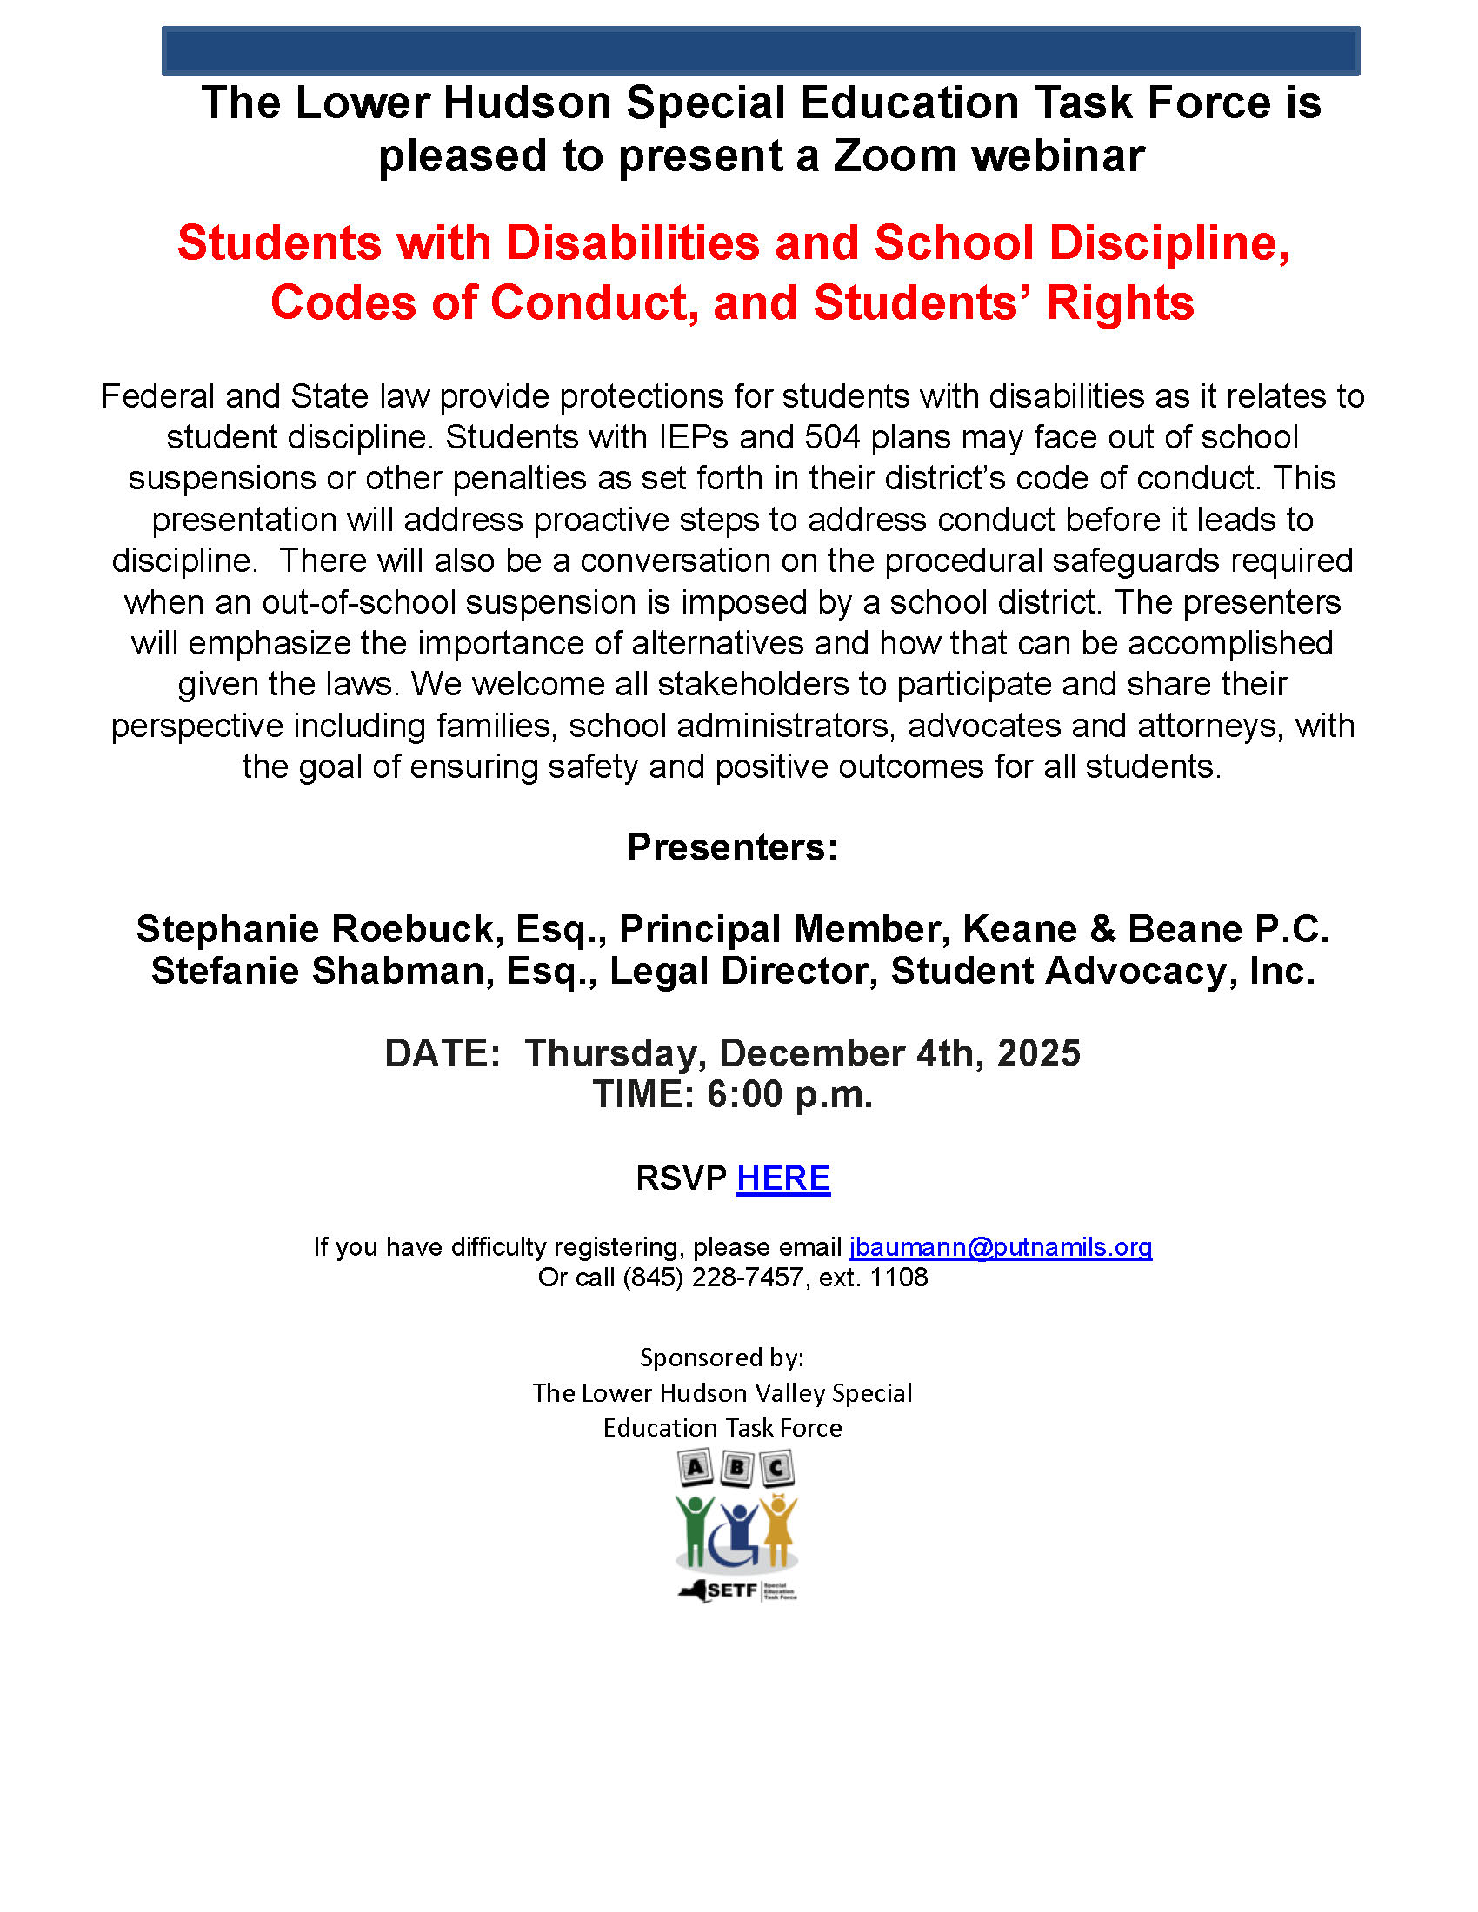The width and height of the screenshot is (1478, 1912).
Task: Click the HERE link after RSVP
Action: [782, 1178]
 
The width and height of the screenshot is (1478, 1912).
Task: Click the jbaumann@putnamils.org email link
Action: [1000, 1246]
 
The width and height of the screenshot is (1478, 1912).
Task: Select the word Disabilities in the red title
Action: [633, 242]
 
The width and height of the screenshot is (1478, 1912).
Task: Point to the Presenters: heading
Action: [732, 847]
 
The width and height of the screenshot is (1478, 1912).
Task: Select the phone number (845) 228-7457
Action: [713, 1278]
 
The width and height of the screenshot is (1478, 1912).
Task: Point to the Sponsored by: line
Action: [722, 1358]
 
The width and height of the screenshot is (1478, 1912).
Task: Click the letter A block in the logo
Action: [696, 1467]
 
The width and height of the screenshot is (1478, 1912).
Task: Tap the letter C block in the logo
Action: [776, 1468]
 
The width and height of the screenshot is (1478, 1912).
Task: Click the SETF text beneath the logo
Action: [732, 1590]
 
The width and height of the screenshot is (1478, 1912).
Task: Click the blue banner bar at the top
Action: [760, 50]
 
